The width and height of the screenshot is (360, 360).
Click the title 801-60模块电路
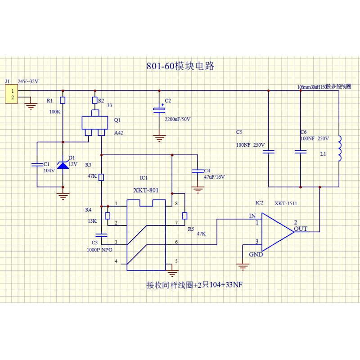pyautogui.click(x=180, y=66)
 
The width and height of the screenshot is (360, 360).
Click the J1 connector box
pyautogui.click(x=12, y=94)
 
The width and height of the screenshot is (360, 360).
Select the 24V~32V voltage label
pyautogui.click(x=28, y=81)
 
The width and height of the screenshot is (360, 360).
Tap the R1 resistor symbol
pyautogui.click(x=63, y=100)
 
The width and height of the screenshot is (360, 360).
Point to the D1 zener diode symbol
pyautogui.click(x=63, y=165)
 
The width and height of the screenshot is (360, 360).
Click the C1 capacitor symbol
pyautogui.click(x=37, y=165)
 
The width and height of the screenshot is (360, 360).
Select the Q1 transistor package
pyautogui.click(x=95, y=123)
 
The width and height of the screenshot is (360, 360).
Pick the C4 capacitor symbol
pyautogui.click(x=197, y=171)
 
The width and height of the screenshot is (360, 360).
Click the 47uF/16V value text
pyautogui.click(x=214, y=177)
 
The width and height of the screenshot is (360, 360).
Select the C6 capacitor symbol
pyautogui.click(x=300, y=152)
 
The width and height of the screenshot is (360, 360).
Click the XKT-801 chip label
pyautogui.click(x=146, y=191)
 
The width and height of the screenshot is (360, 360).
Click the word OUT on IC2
pyautogui.click(x=300, y=229)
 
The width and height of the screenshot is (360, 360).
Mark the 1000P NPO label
pyautogui.click(x=100, y=249)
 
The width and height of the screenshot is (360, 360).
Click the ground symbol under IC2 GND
pyautogui.click(x=243, y=267)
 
